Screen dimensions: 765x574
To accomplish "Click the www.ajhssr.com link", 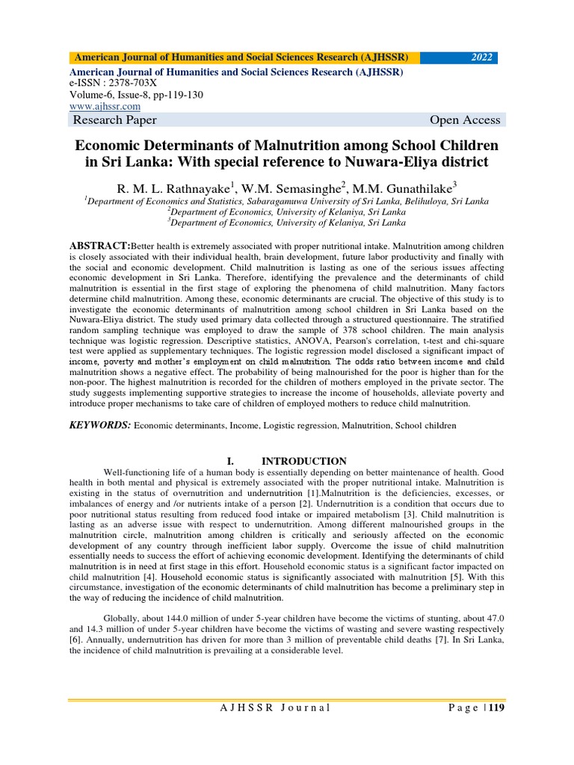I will coord(105,107).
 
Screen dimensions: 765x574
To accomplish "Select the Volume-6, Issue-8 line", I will coord(136,96).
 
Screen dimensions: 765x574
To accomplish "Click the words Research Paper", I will coord(114,121).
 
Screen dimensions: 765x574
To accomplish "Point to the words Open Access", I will coord(465,121).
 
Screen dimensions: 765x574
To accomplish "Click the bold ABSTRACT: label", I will coord(99,245).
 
